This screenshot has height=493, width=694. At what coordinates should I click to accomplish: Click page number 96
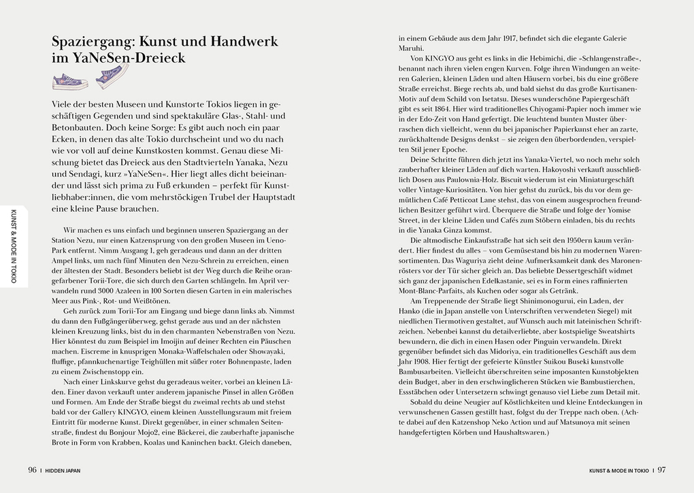pyautogui.click(x=32, y=469)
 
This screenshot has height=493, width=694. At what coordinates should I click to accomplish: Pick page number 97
pyautogui.click(x=661, y=469)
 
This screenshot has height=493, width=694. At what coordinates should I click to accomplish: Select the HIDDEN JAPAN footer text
pyautogui.click(x=64, y=469)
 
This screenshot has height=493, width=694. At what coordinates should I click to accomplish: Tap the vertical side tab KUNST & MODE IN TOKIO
pyautogui.click(x=14, y=245)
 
